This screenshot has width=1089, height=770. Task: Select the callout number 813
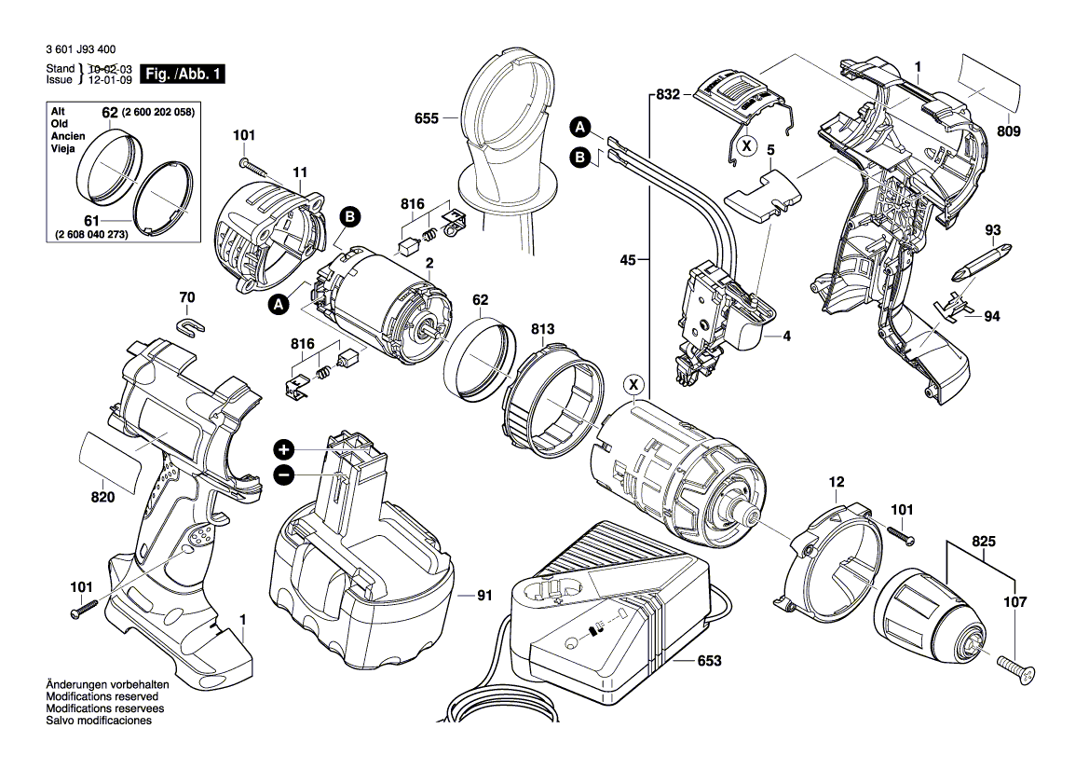[x=543, y=328]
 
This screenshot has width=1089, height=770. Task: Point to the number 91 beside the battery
[x=484, y=596]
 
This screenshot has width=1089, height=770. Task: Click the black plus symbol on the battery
[x=284, y=448]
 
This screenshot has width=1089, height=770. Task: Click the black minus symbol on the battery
[x=284, y=474]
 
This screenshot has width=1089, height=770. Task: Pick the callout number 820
[x=102, y=497]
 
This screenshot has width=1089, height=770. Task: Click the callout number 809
[x=1007, y=131]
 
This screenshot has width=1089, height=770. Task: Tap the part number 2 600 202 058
[x=158, y=112]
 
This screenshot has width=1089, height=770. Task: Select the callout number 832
[x=669, y=95]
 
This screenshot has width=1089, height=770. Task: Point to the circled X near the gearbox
[x=633, y=383]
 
